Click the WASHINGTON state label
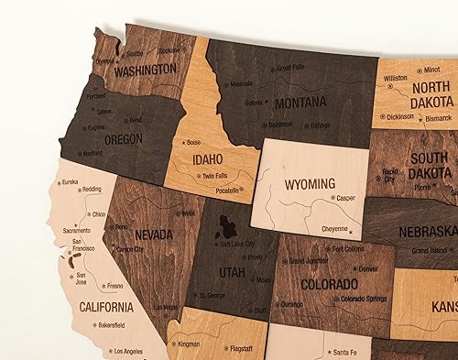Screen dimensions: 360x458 145,69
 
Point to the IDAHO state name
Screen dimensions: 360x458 208,158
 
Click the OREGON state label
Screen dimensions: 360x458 124,139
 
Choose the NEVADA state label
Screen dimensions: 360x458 154,235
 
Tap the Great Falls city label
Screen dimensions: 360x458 290,67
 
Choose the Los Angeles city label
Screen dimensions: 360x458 129,351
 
